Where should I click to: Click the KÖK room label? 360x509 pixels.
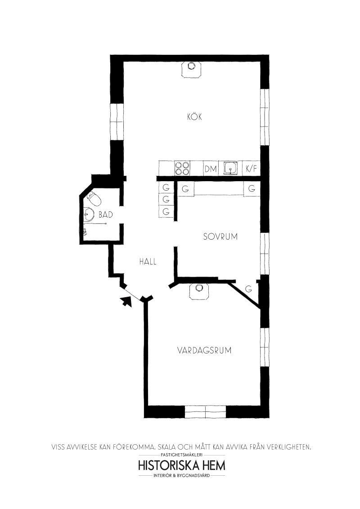(194, 116)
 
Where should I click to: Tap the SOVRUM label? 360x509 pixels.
(220, 237)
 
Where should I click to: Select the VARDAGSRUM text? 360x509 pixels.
(204, 351)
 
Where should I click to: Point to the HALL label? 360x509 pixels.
(148, 261)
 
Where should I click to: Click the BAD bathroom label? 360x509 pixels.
(106, 214)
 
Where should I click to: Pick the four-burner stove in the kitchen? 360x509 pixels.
(182, 168)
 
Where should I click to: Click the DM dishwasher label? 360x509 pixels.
(211, 169)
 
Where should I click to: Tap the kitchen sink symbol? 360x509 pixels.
(231, 168)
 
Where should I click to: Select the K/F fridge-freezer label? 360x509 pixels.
(252, 169)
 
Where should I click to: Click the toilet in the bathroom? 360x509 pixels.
(94, 198)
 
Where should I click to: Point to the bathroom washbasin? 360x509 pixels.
(88, 214)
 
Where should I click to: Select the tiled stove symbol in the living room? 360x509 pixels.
(199, 290)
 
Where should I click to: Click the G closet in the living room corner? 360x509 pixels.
(248, 289)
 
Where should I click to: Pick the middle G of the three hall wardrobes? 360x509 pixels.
(166, 199)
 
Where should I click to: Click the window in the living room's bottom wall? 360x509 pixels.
(205, 411)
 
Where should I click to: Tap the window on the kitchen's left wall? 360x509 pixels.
(117, 122)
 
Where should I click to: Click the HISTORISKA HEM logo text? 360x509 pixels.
(182, 465)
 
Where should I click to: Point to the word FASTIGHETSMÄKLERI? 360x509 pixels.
(182, 455)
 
